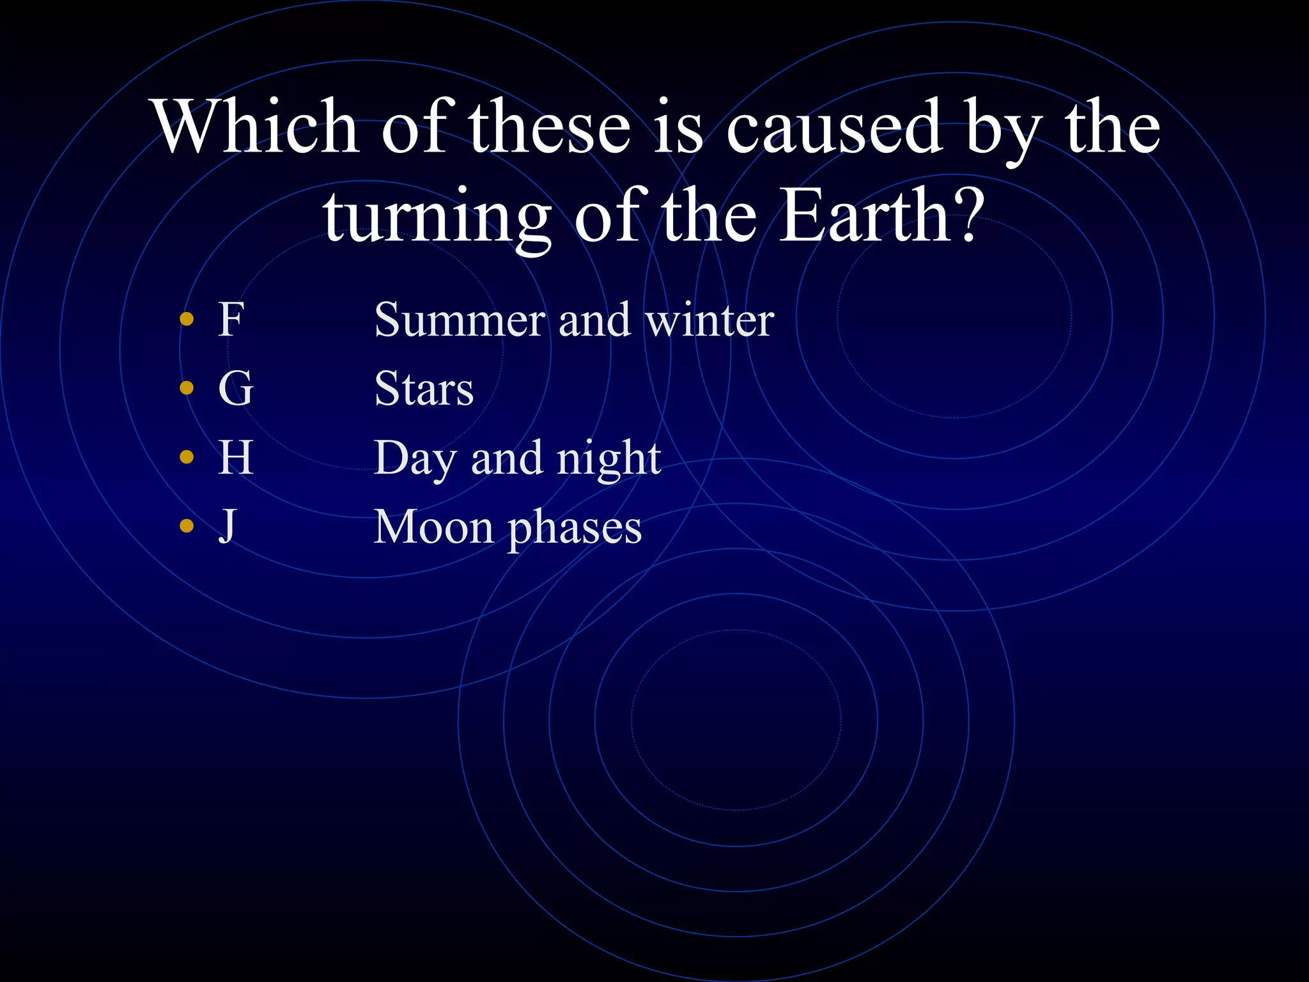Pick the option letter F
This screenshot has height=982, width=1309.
click(231, 319)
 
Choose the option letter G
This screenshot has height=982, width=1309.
click(235, 388)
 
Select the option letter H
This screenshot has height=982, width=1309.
click(235, 458)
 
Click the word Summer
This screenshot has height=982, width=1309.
click(460, 320)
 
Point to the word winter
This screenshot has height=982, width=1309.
click(709, 320)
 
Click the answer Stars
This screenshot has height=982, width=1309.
click(424, 389)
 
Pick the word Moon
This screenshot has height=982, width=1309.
click(433, 527)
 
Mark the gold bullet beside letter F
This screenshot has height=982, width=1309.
click(187, 318)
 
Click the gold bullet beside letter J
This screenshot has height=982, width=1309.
click(187, 526)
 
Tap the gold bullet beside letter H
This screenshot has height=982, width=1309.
click(187, 456)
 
